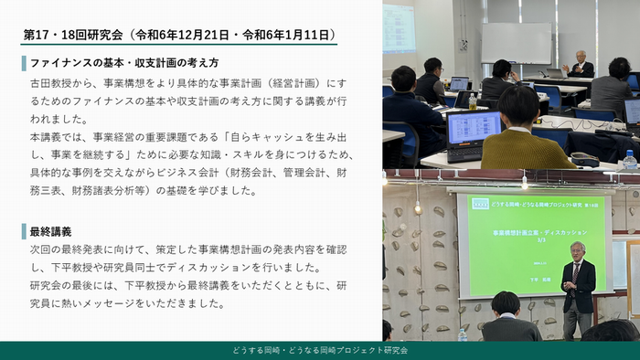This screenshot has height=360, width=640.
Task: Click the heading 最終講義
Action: [x=51, y=231]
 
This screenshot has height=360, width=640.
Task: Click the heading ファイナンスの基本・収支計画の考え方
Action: [x=124, y=64]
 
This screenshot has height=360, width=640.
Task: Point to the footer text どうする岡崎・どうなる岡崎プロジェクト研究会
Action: [x=320, y=350]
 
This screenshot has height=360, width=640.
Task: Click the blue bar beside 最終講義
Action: [x=24, y=231]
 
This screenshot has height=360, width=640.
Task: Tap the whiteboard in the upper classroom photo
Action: [x=516, y=42]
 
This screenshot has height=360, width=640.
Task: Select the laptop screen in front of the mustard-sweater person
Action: [x=474, y=127]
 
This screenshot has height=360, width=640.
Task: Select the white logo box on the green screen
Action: [x=480, y=203]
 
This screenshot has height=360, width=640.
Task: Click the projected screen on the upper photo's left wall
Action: [x=399, y=27]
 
